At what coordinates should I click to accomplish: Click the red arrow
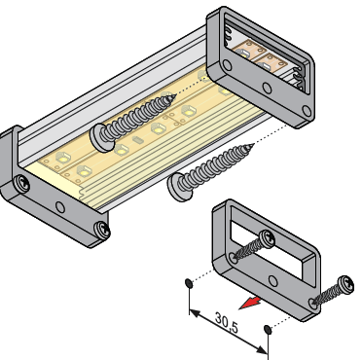coord(251,303)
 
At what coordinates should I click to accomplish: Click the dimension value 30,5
coord(227,323)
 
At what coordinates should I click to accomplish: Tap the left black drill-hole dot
coord(189,283)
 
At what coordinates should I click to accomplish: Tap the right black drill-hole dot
coord(268,330)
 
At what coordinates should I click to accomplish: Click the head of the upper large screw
coord(99,138)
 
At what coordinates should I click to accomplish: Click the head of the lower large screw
coord(178,188)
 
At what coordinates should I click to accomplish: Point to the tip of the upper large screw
coord(175,95)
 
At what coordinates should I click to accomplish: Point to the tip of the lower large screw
coord(253,145)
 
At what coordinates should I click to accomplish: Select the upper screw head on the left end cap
coord(22,184)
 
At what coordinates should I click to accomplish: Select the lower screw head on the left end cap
coord(102,230)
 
